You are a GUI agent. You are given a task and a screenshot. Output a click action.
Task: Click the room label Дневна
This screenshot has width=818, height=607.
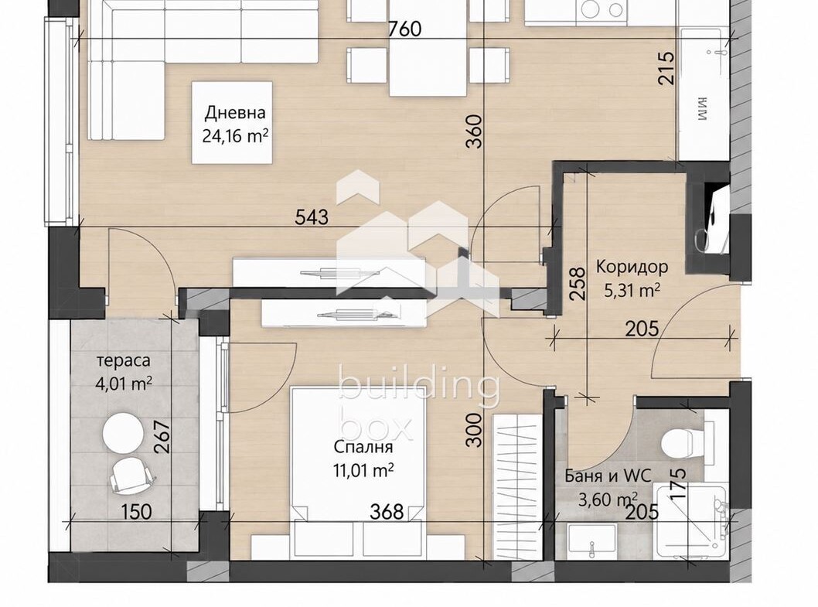point(235,112)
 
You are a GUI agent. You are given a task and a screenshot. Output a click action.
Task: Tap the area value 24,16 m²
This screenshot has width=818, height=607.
point(235,136)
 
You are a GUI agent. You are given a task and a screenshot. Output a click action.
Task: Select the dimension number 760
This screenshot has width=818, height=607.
point(405,29)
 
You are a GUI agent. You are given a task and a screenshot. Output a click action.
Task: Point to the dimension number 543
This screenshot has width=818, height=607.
point(312,217)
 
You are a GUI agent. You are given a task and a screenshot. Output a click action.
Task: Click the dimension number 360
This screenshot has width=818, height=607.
point(475,131)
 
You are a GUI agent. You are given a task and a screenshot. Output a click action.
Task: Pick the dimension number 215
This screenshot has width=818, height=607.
point(666,68)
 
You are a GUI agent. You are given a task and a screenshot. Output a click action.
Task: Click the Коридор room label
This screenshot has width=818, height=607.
point(632,267)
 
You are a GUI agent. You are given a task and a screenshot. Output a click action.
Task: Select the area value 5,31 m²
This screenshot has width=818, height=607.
point(632,290)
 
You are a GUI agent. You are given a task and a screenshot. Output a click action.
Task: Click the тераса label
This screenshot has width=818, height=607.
point(124,360)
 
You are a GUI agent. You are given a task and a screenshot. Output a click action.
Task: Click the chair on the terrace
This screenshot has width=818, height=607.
point(132,474)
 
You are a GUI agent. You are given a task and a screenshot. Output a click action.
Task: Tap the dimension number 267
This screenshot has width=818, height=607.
point(162,437)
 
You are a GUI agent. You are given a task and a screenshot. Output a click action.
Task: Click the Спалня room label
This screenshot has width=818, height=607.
point(363,447)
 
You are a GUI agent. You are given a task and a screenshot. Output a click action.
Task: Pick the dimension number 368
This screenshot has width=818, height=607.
point(387,511)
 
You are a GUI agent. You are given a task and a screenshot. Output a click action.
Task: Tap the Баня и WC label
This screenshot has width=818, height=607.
point(608,476)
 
